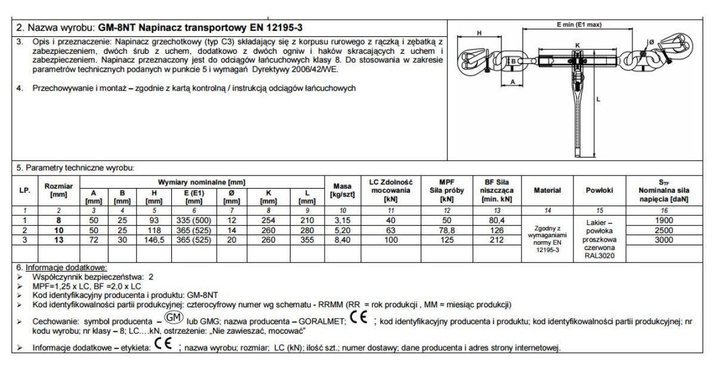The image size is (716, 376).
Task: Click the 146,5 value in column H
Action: (154, 240)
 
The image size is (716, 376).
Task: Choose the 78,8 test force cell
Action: (446, 230)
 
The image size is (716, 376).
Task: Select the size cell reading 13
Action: (58, 240)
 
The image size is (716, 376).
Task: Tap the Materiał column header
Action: (547, 190)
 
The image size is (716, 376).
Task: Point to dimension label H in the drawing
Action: (480, 33)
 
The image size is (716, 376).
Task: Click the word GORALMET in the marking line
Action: (323, 321)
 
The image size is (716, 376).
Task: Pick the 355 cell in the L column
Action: (305, 240)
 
